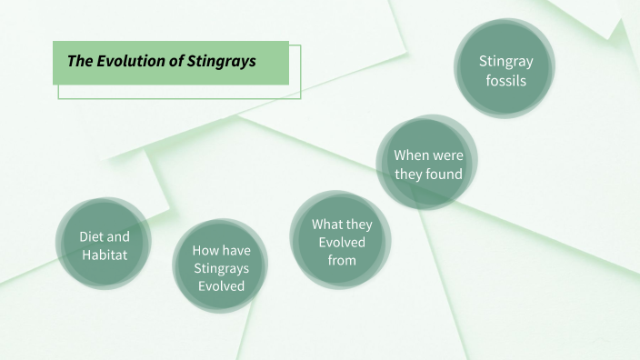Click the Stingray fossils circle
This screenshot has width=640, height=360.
(505, 70)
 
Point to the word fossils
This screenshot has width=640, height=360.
(505, 80)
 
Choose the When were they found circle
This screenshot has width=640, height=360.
(427, 164)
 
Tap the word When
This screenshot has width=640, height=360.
(412, 155)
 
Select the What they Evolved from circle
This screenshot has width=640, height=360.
(341, 241)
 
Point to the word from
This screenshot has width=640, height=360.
(342, 260)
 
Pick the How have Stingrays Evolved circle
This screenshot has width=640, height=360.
(221, 266)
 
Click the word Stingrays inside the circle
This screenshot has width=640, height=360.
(221, 267)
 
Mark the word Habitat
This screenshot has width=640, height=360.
(105, 255)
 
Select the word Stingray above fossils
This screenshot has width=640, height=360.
(505, 62)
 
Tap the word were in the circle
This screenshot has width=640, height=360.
(447, 155)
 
